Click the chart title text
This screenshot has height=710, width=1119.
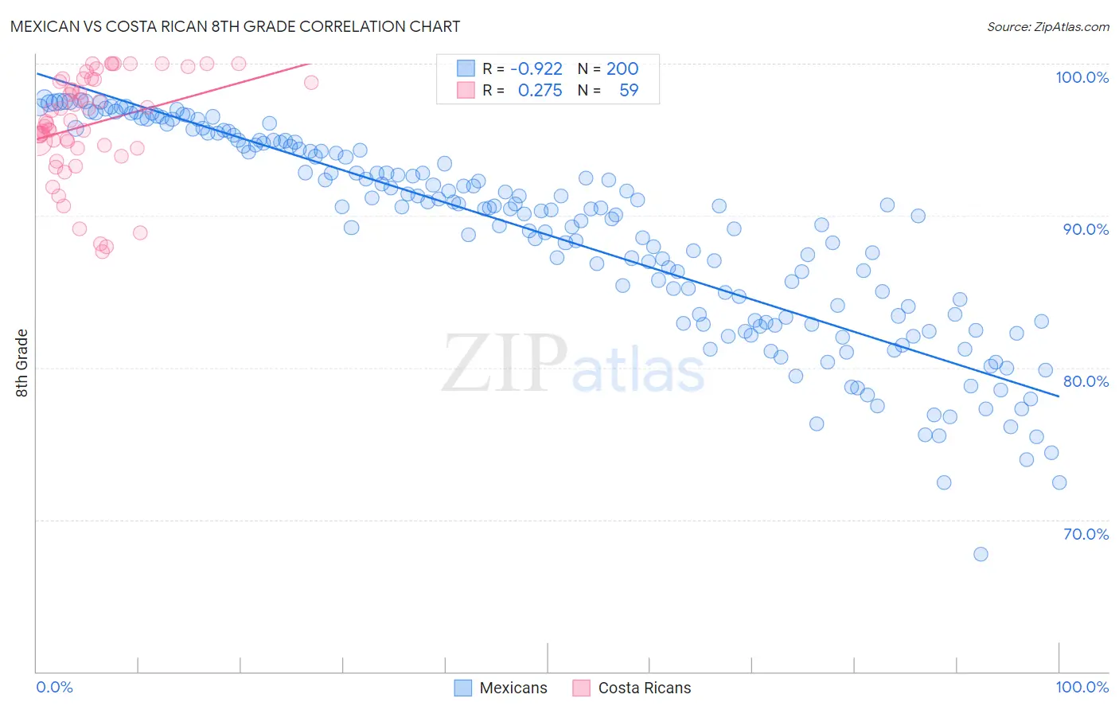235,26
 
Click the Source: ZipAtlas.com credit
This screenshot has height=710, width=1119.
1047,27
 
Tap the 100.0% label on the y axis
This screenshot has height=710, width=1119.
1082,77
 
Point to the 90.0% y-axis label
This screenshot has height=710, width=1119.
1086,229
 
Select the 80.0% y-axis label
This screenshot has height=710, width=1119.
1086,381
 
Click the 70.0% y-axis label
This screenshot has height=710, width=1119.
1086,534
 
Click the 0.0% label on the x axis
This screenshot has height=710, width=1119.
54,687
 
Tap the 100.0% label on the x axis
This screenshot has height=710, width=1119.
1082,687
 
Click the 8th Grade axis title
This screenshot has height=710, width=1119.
21,363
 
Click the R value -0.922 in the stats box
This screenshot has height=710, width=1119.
536,69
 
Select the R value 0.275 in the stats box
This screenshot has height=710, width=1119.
540,91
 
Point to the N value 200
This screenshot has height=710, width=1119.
622,69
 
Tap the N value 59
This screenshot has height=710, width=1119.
629,91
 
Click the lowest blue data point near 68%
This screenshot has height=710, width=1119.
981,554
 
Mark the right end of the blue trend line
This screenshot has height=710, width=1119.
1059,396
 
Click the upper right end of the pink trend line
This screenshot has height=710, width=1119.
307,64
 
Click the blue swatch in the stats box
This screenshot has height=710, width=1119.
466,69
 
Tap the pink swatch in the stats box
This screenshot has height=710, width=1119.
466,91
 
